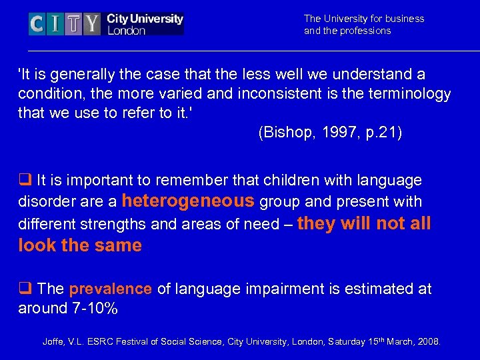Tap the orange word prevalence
(111, 289)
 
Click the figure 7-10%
(95, 308)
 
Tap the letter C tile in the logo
(37, 25)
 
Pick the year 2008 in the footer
(429, 342)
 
